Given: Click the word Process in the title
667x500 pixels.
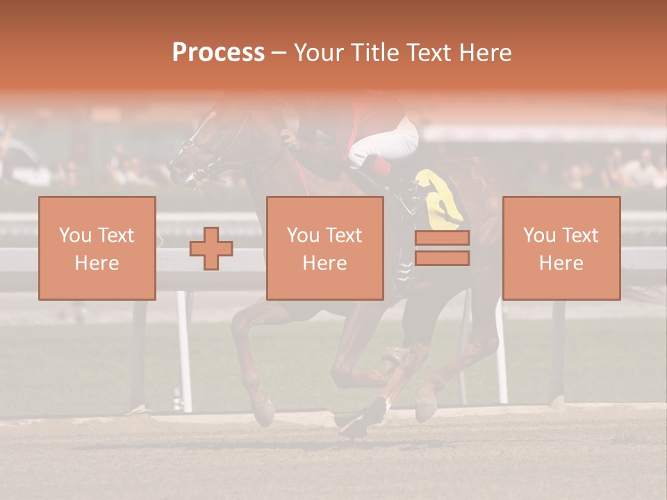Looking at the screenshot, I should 218,53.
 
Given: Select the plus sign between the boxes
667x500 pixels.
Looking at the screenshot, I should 211,249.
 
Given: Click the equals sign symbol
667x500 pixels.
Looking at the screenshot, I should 442,248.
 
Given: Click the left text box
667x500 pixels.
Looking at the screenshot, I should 97,248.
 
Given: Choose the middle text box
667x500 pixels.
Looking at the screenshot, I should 324,248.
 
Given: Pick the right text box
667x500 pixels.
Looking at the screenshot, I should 561,248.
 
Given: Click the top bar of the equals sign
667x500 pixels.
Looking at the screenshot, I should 442,238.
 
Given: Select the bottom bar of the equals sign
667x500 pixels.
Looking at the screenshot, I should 442,258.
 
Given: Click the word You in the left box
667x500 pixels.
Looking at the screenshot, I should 74,235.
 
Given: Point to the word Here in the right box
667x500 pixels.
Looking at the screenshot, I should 561,263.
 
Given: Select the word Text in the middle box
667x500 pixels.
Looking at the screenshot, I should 344,235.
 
